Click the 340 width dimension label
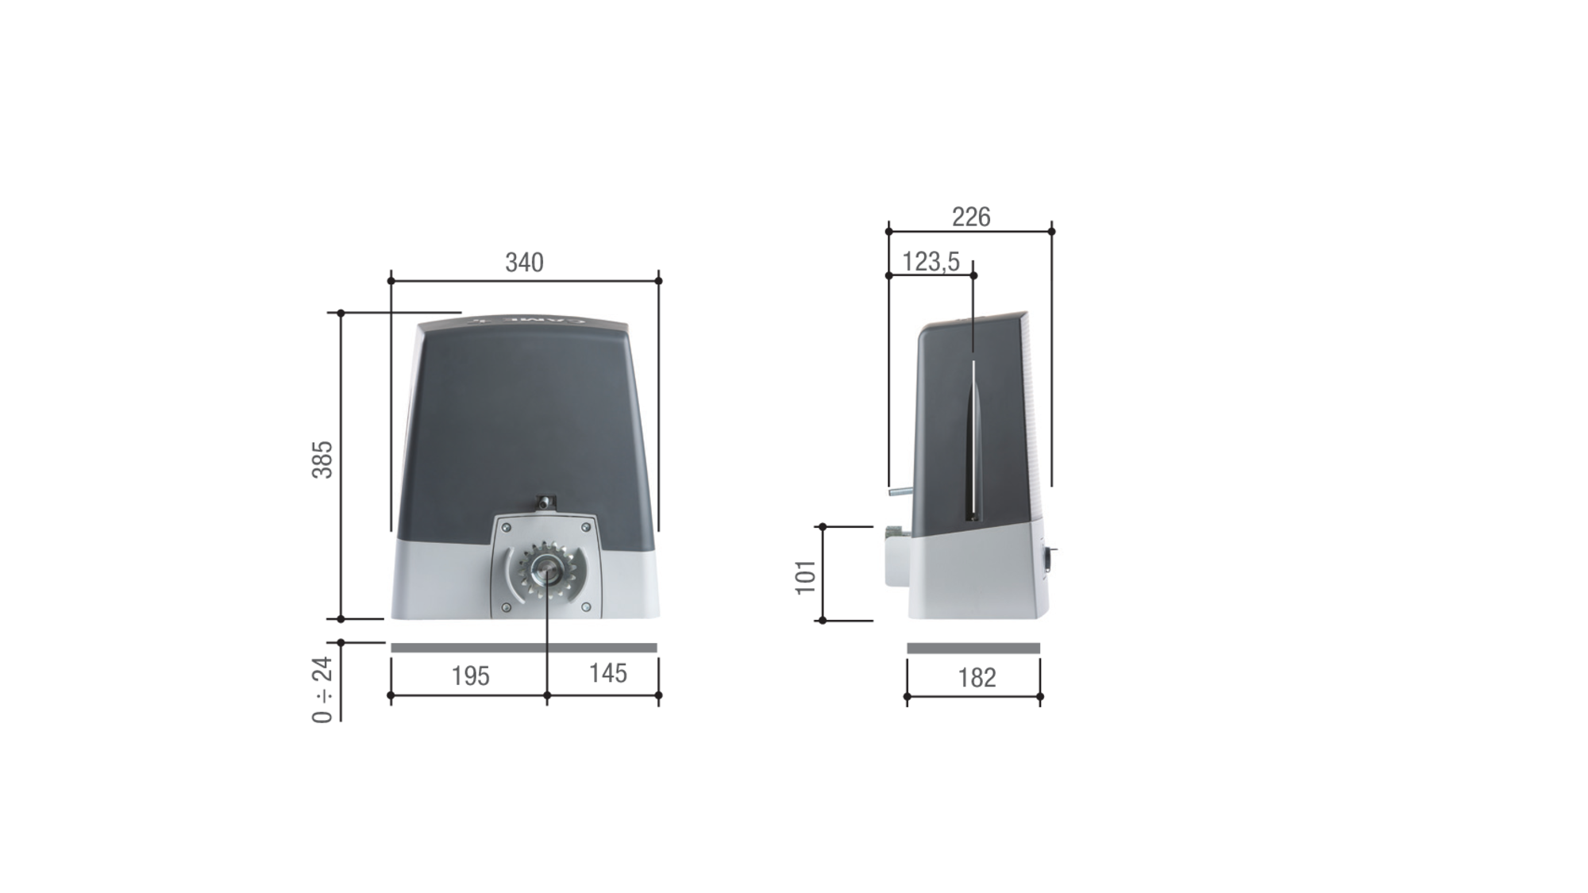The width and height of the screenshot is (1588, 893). (x=524, y=263)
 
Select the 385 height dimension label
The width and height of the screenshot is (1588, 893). (x=322, y=460)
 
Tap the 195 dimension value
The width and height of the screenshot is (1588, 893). (x=470, y=676)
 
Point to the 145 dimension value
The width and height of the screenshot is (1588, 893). (x=608, y=673)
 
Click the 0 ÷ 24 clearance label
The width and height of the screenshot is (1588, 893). (x=322, y=690)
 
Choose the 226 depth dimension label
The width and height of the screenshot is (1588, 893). (x=971, y=217)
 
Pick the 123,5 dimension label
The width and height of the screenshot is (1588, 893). (x=931, y=261)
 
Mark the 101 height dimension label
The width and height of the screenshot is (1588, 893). (x=806, y=577)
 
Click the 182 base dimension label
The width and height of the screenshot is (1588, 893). (x=977, y=678)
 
